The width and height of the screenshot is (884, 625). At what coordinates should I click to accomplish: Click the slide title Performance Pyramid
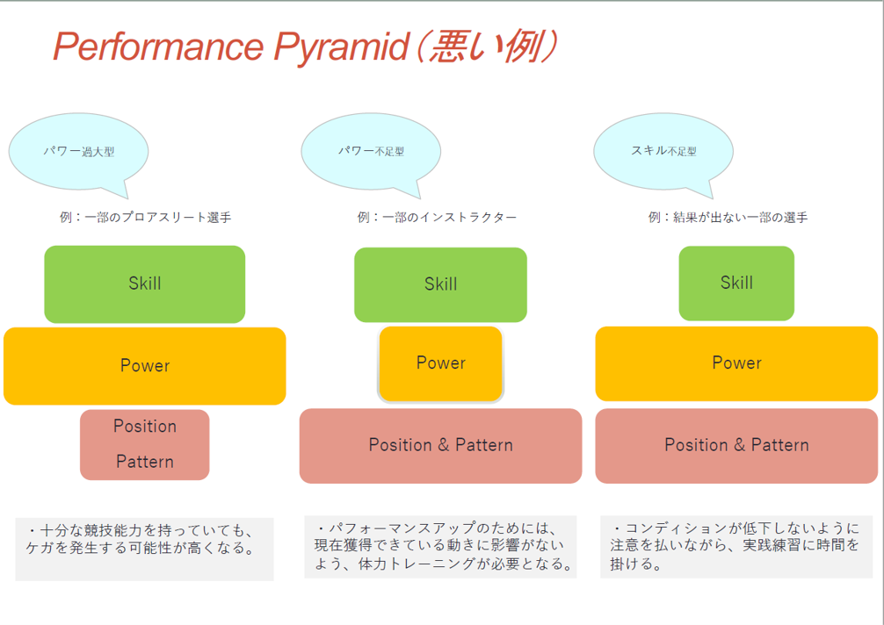coord(303,47)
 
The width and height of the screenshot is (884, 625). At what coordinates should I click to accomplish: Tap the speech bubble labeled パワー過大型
coord(79,151)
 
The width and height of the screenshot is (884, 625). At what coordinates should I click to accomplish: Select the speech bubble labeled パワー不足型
coord(371,151)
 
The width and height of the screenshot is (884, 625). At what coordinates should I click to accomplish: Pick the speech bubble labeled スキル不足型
coord(663,150)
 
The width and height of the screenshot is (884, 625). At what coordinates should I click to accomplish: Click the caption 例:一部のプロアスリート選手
coord(146,217)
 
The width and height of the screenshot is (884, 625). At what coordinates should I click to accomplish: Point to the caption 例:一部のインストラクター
coord(437,217)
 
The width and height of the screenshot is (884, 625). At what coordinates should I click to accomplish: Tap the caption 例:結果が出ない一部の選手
coord(728,217)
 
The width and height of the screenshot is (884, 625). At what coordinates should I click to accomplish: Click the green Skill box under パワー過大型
coord(145,284)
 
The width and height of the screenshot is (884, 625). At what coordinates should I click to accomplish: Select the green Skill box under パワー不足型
coord(440,284)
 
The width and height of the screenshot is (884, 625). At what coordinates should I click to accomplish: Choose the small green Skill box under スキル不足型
coord(736,283)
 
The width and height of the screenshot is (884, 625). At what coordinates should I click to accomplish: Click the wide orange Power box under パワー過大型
coord(145,366)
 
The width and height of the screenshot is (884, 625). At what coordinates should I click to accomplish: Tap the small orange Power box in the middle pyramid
coord(440,363)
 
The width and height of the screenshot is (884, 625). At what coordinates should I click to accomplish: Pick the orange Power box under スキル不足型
coord(736,363)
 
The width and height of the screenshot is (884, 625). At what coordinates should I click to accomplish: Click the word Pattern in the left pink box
coord(145,462)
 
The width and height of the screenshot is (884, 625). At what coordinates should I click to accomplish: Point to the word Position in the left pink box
coord(145,427)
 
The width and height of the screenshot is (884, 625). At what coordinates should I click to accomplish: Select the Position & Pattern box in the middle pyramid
coord(440,445)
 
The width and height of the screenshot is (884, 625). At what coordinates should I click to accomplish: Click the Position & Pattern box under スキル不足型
coord(736,445)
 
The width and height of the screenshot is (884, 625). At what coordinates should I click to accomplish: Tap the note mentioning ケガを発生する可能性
coord(144,541)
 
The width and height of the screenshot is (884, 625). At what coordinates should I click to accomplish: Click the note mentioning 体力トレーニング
coord(440,547)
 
